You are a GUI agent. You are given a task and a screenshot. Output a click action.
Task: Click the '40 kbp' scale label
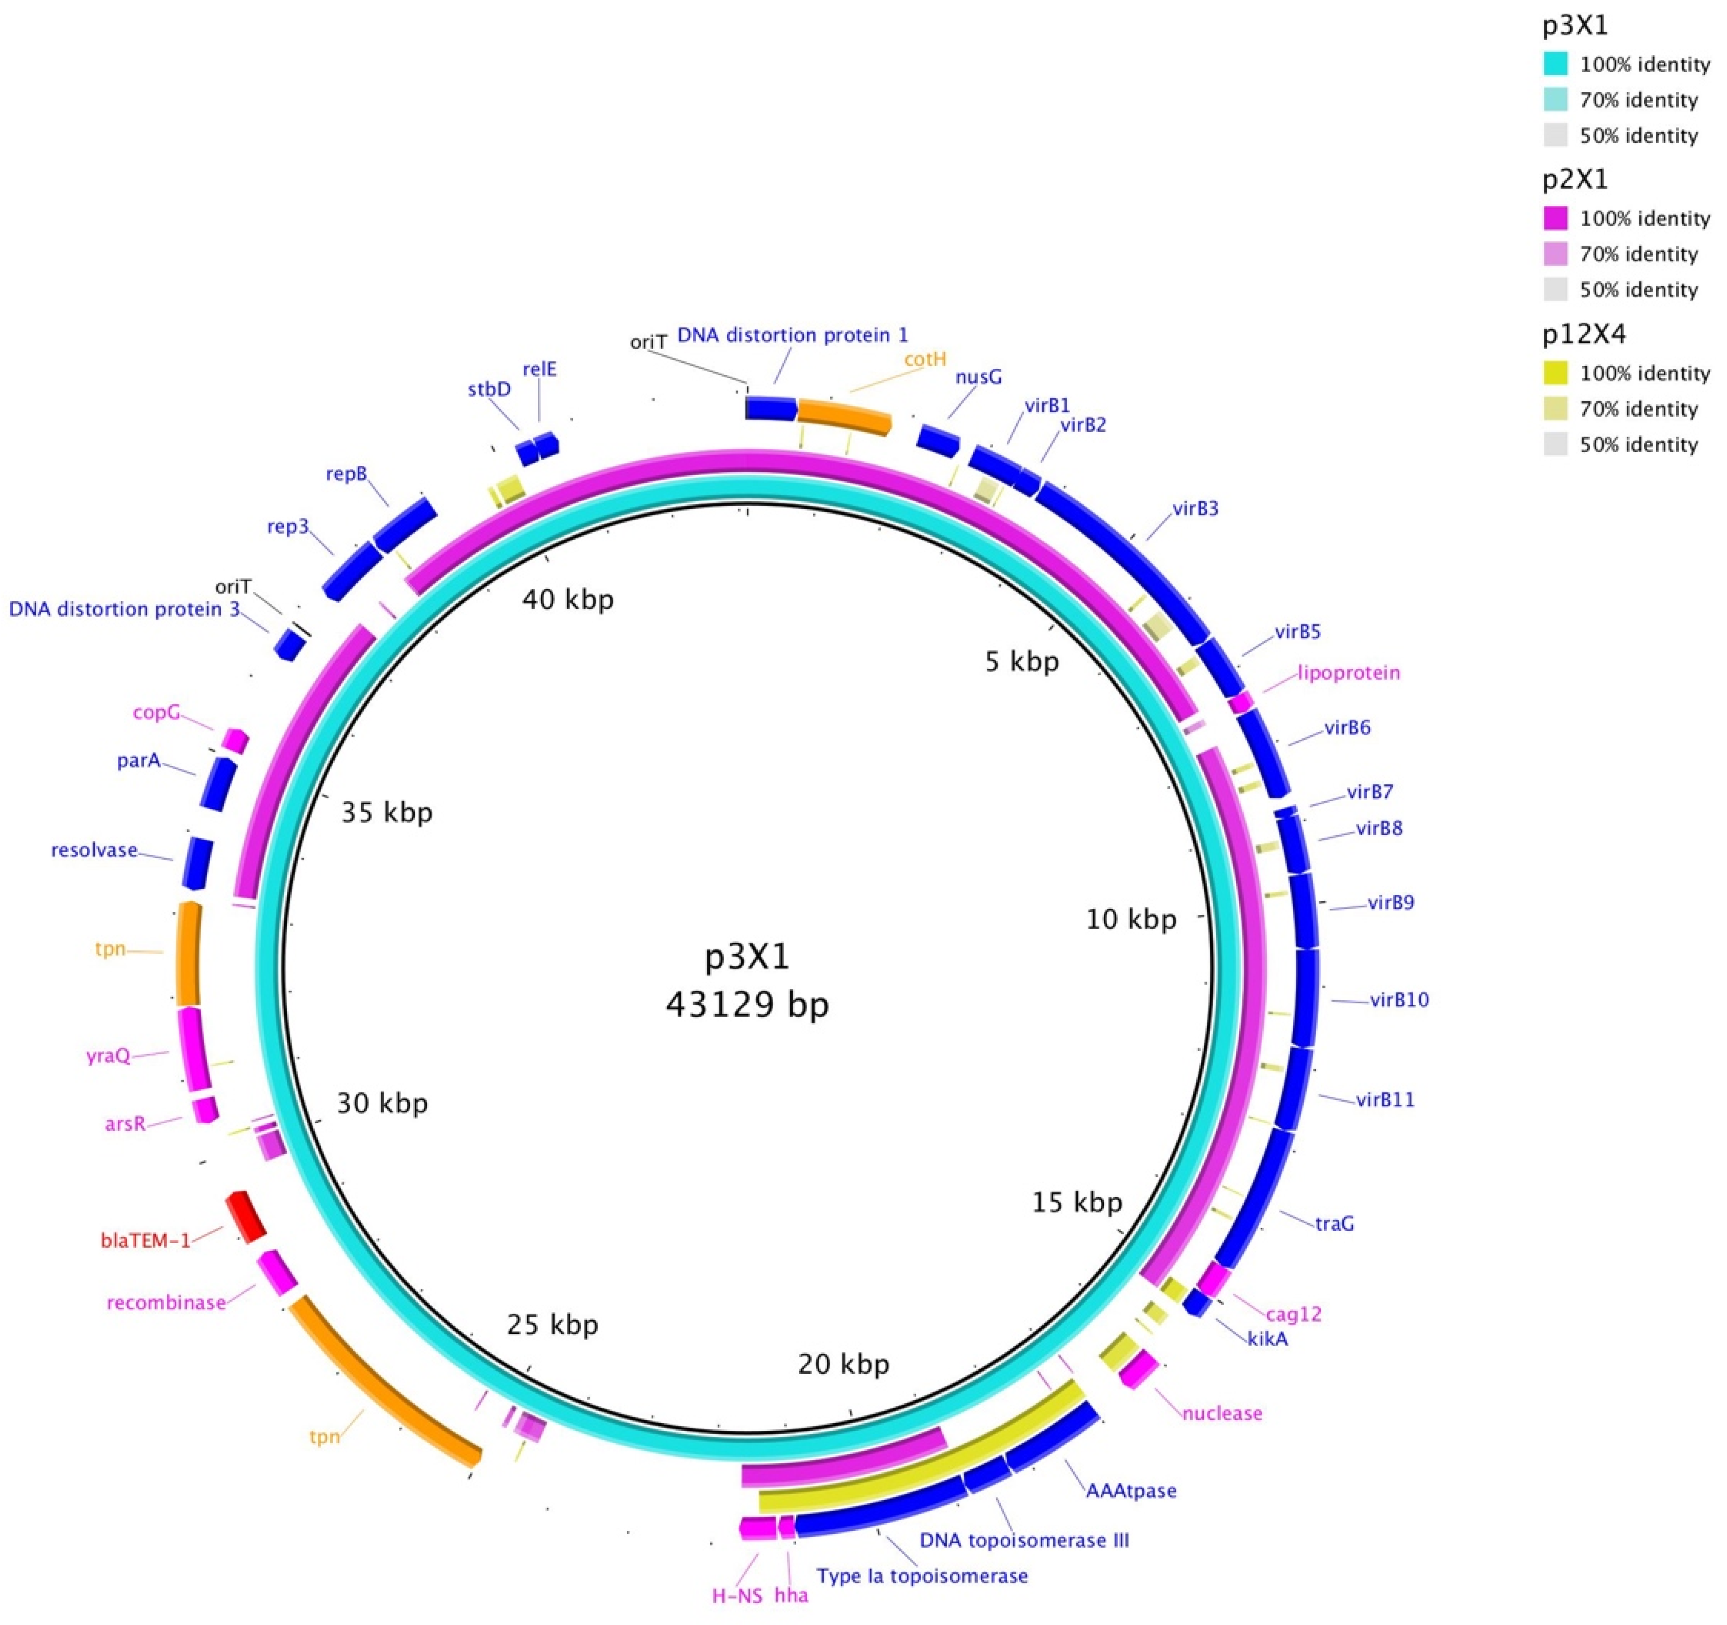568,599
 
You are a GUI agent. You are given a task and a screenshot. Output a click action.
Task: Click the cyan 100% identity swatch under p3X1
1556,64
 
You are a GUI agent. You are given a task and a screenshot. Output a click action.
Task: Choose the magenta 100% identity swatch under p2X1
1556,218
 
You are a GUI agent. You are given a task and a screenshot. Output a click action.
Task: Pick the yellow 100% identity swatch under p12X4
1556,373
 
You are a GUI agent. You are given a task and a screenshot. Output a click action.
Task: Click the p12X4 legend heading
1584,334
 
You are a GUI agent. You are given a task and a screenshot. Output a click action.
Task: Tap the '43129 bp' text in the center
747,1005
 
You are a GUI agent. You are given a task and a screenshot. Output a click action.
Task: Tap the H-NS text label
736,1595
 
